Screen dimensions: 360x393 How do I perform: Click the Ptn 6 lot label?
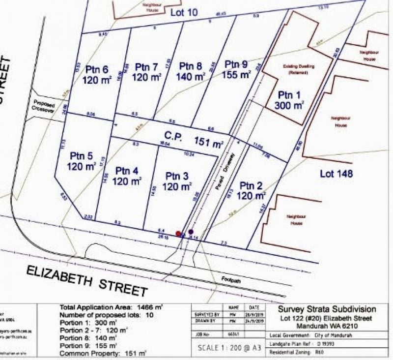click(x=96, y=68)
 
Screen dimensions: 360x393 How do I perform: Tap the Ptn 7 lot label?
click(x=146, y=66)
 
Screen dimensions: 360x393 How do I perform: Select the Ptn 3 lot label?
click(x=177, y=176)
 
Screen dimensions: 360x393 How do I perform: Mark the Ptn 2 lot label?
click(x=252, y=185)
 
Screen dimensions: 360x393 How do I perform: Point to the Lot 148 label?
click(x=337, y=174)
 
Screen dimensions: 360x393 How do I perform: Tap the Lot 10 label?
click(x=184, y=12)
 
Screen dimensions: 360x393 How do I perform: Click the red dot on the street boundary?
click(x=178, y=234)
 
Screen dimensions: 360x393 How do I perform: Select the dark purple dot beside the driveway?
click(x=191, y=232)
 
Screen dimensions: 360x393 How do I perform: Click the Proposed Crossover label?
click(x=43, y=108)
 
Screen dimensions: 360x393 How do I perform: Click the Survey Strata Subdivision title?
click(x=327, y=309)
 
